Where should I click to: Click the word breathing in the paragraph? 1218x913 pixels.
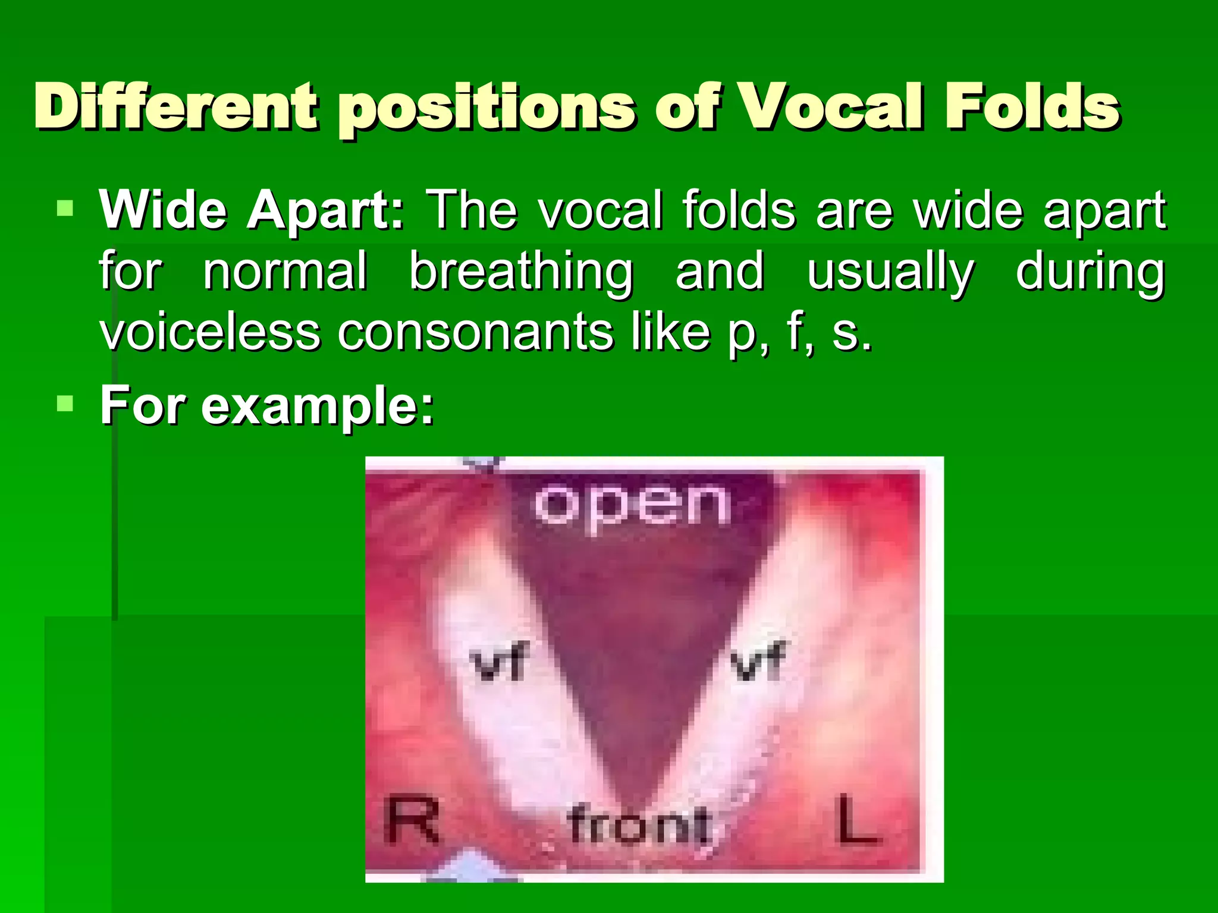tap(521, 272)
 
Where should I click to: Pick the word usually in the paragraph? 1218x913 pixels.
tap(890, 273)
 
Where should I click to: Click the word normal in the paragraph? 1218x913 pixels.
tap(285, 272)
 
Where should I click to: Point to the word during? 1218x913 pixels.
tap(1090, 272)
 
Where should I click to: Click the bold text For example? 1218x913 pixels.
tap(267, 406)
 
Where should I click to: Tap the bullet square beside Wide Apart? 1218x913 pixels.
tap(65, 209)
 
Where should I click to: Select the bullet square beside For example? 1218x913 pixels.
tap(65, 404)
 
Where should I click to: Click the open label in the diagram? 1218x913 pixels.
tap(632, 505)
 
